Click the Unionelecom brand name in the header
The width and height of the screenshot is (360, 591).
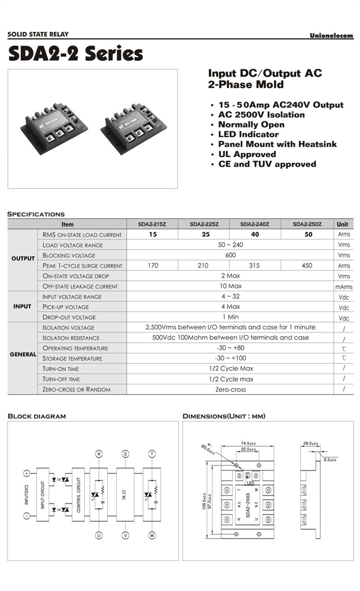point(331,35)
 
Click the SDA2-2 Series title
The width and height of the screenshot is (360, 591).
point(75,53)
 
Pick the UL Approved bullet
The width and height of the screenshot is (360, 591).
point(247,154)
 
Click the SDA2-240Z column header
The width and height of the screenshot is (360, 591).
point(255,224)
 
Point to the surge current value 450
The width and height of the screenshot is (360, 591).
point(307,266)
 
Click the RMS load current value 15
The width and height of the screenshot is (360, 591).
point(152,235)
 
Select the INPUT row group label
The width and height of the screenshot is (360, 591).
point(22,307)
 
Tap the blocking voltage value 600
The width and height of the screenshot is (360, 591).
point(230,255)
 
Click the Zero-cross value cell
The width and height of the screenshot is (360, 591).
point(230,389)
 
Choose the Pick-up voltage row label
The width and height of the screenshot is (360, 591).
point(66,307)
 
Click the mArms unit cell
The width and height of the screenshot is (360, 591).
point(344,286)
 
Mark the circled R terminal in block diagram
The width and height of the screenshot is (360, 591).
point(98,454)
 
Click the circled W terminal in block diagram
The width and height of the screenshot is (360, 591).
point(152,536)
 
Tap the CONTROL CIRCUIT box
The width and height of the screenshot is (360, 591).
point(78,495)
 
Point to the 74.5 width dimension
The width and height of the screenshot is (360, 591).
point(245,443)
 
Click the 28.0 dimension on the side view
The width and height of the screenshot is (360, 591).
point(311,443)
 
